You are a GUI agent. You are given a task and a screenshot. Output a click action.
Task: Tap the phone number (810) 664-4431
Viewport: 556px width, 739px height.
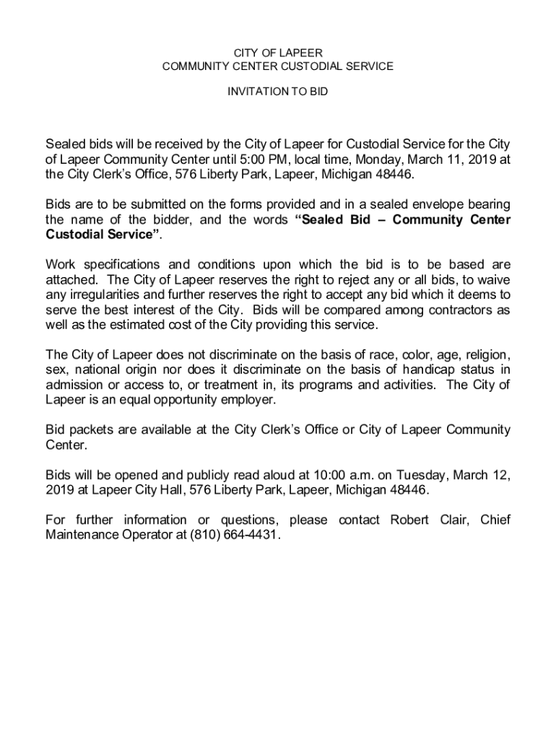[x=234, y=535]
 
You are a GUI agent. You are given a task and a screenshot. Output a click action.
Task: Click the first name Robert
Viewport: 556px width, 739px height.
[x=410, y=520]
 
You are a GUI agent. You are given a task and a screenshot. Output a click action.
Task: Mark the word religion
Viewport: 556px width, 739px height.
[x=487, y=354]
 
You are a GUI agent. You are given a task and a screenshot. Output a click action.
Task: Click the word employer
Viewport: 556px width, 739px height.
[x=246, y=399]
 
